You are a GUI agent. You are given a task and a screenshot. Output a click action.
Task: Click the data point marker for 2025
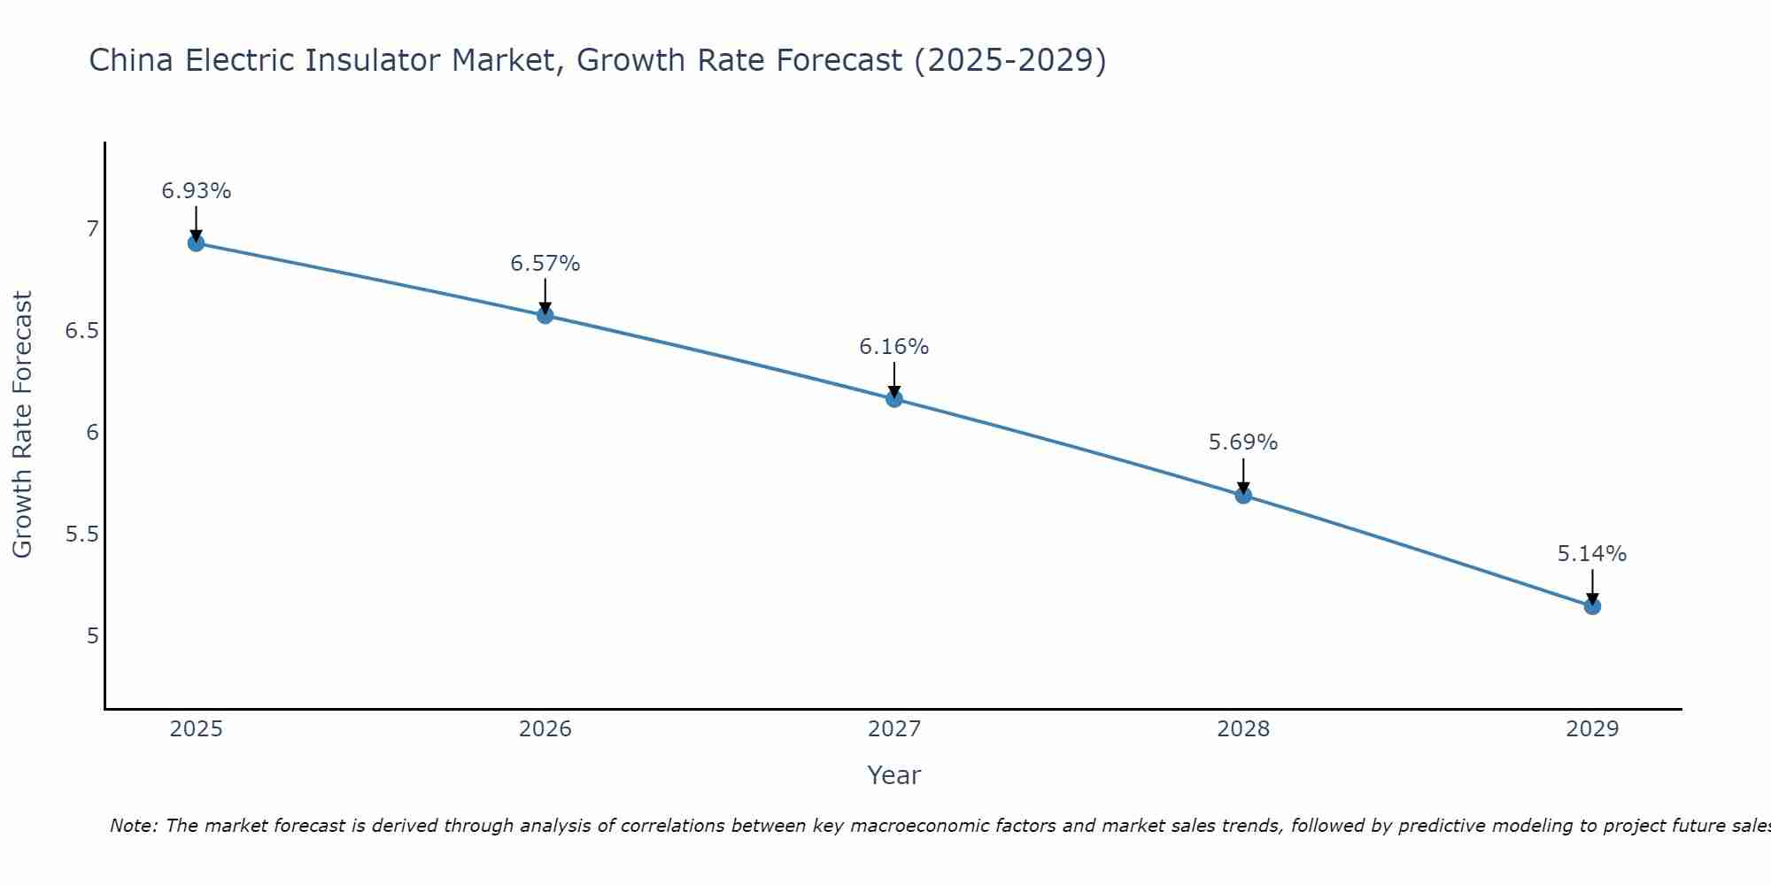click(197, 243)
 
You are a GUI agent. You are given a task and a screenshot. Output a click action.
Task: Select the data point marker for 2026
click(545, 315)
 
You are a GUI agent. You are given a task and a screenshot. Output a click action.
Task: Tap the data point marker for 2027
click(894, 399)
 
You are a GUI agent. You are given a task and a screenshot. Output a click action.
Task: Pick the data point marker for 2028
click(1243, 496)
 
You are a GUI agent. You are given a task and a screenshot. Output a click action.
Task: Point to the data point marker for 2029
click(1592, 606)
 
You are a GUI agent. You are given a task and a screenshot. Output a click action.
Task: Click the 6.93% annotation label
click(197, 191)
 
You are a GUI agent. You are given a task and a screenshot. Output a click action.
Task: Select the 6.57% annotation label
click(545, 264)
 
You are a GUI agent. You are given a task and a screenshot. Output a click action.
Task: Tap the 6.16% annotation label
click(894, 347)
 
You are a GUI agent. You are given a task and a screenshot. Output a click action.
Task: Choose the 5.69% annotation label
click(1243, 442)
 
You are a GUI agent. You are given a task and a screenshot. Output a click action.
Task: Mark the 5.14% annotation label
click(1592, 554)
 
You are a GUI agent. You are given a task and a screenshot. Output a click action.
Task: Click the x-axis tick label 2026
click(545, 729)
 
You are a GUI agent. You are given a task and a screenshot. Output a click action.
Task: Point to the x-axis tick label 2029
click(1592, 729)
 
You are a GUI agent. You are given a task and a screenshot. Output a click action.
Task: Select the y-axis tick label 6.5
click(81, 331)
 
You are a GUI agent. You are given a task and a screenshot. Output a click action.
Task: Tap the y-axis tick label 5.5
click(81, 535)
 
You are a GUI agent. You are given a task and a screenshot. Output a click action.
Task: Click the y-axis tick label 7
click(93, 229)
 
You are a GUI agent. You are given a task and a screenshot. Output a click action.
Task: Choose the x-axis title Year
click(894, 775)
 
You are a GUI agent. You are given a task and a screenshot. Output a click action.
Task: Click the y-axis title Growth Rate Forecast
click(23, 425)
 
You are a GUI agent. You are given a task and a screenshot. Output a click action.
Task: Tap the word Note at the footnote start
click(133, 826)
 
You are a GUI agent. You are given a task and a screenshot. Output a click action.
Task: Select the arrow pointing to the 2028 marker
click(1243, 476)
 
